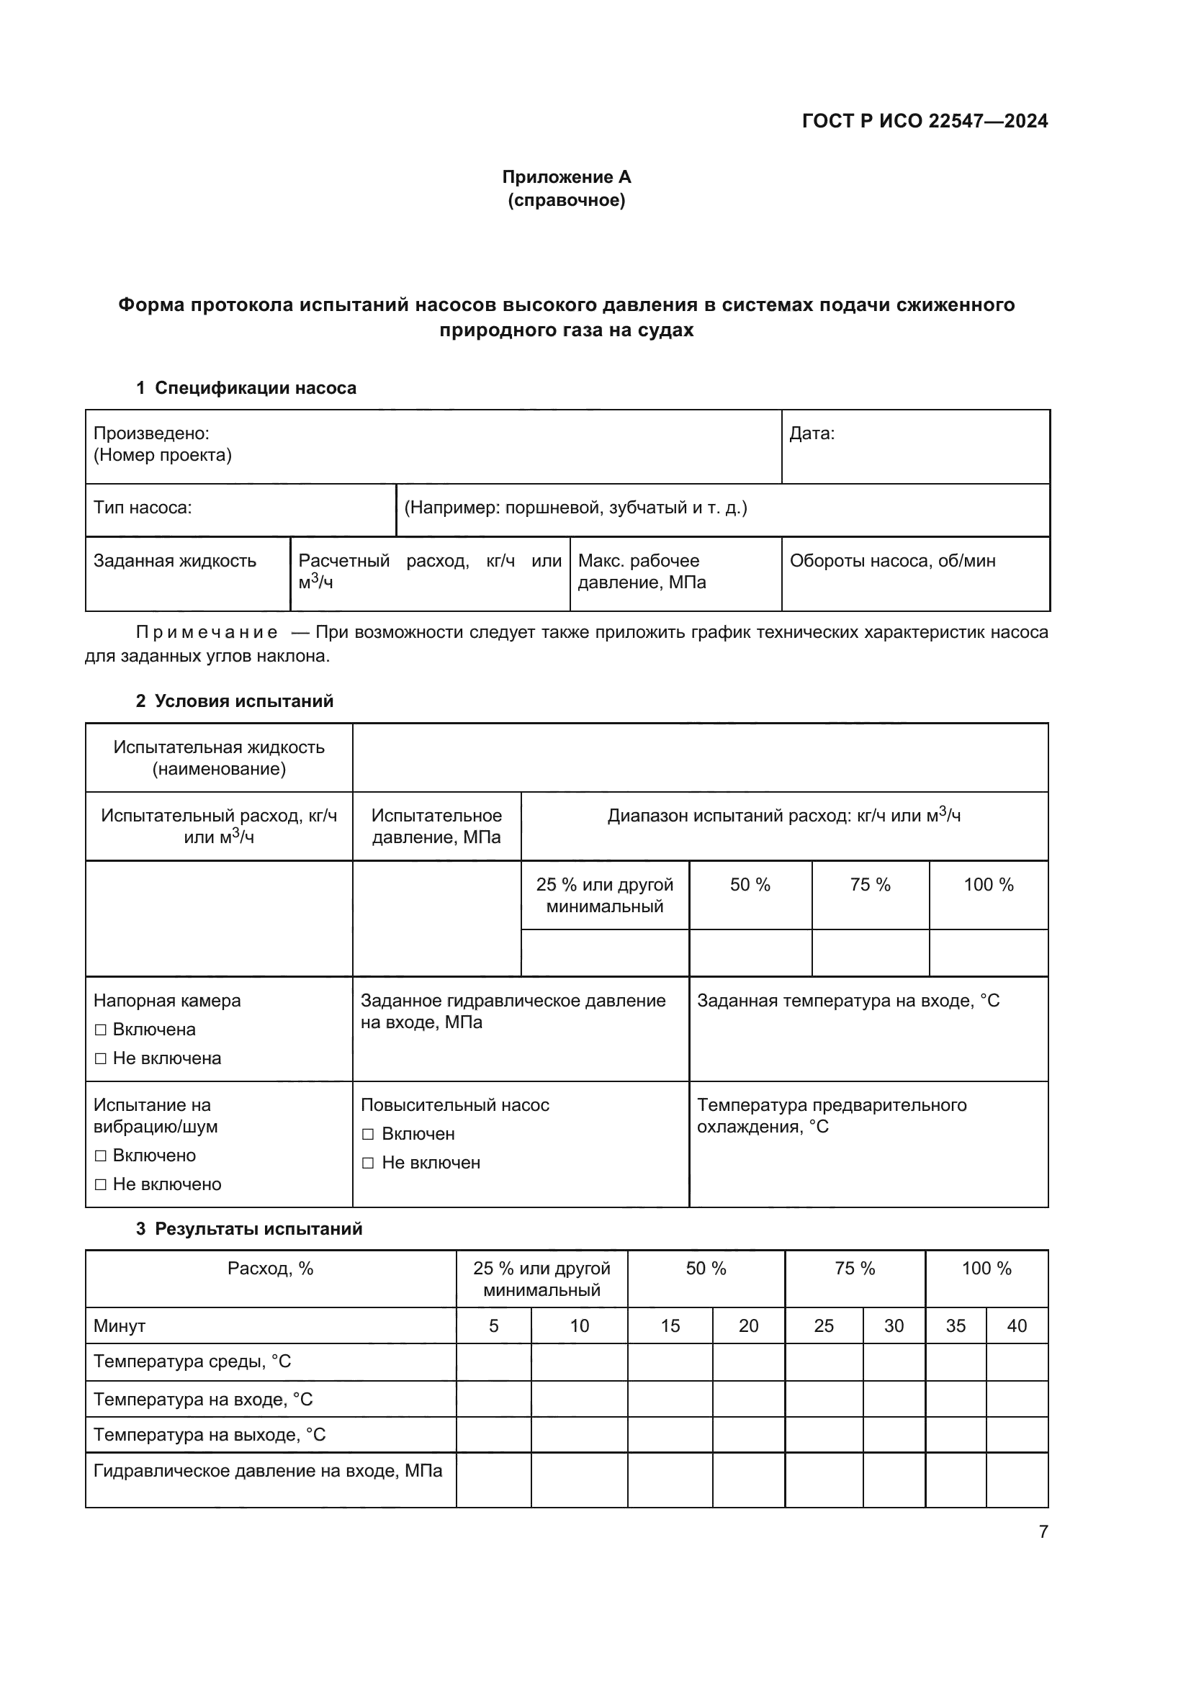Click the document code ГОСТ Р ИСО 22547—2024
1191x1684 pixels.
click(x=924, y=121)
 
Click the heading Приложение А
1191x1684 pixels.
click(x=566, y=177)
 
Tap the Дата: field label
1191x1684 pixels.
click(x=811, y=433)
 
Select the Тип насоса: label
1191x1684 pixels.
click(x=143, y=508)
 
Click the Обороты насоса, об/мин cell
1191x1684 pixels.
click(x=891, y=561)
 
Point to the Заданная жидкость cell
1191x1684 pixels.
click(x=174, y=561)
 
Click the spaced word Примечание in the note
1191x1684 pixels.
click(x=207, y=632)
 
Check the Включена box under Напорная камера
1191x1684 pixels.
click(x=102, y=1030)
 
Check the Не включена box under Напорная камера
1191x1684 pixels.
click(x=102, y=1058)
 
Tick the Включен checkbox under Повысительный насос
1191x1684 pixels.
click(x=368, y=1135)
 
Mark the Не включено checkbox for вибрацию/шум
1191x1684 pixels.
click(x=102, y=1184)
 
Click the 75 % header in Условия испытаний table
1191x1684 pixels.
click(x=870, y=886)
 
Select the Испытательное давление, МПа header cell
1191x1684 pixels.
click(x=436, y=827)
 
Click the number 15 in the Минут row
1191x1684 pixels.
click(x=670, y=1326)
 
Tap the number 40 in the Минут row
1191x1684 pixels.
click(x=1017, y=1326)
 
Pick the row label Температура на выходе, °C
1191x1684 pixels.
click(x=209, y=1435)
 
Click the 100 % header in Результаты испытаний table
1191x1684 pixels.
click(x=986, y=1269)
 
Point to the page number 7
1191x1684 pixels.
click(x=1043, y=1531)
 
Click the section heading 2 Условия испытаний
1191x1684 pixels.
click(x=235, y=701)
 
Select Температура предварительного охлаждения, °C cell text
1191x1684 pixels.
click(x=831, y=1115)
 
